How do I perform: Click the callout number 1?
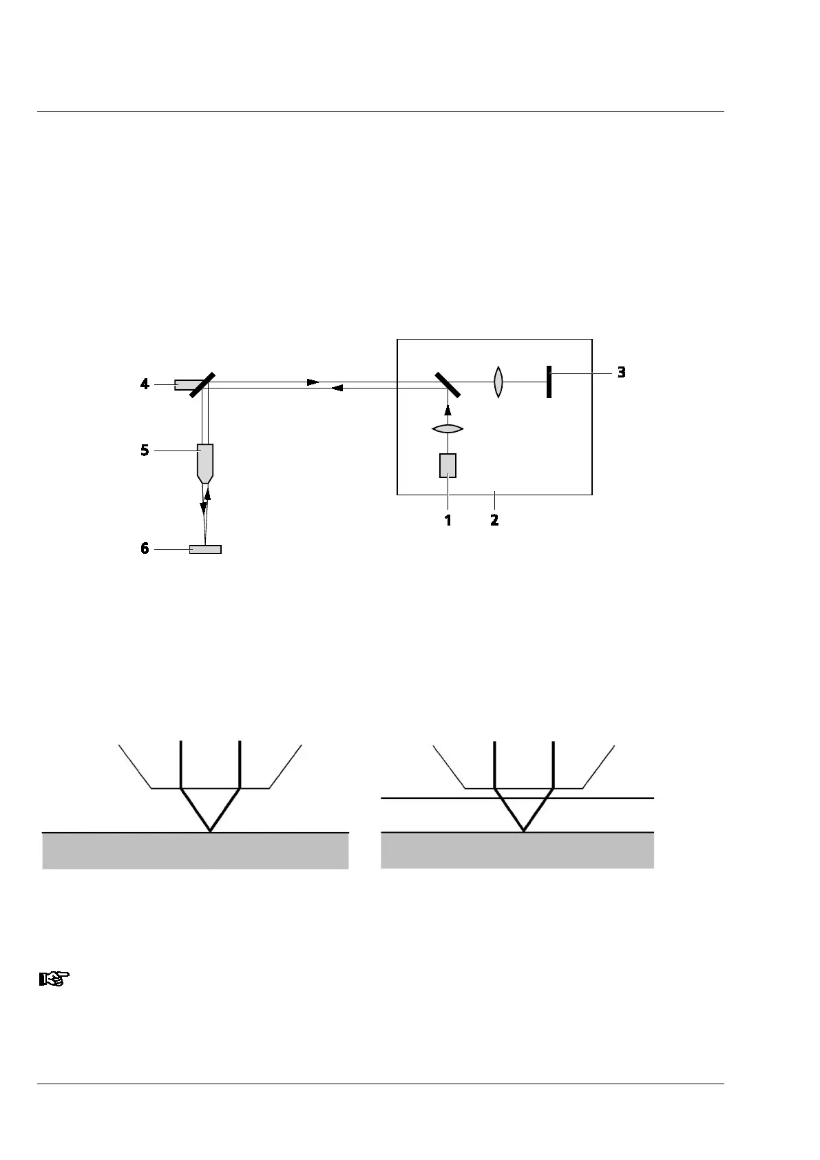pyautogui.click(x=448, y=520)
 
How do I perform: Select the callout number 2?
pyautogui.click(x=494, y=520)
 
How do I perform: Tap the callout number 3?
pyautogui.click(x=621, y=372)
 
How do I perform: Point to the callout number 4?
pyautogui.click(x=145, y=384)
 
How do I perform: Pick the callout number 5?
pyautogui.click(x=145, y=450)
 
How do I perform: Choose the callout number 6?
pyautogui.click(x=145, y=549)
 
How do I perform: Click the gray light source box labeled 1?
pyautogui.click(x=448, y=466)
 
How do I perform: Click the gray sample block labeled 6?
pyautogui.click(x=205, y=549)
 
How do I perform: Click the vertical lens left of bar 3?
pyautogui.click(x=498, y=382)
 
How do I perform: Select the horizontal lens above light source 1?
pyautogui.click(x=448, y=429)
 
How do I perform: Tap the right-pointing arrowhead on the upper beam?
pyautogui.click(x=313, y=382)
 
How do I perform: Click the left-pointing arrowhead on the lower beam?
pyautogui.click(x=337, y=389)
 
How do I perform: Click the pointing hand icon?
pyautogui.click(x=54, y=978)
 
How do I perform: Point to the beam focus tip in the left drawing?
pyautogui.click(x=210, y=831)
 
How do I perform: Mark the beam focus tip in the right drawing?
pyautogui.click(x=524, y=831)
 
